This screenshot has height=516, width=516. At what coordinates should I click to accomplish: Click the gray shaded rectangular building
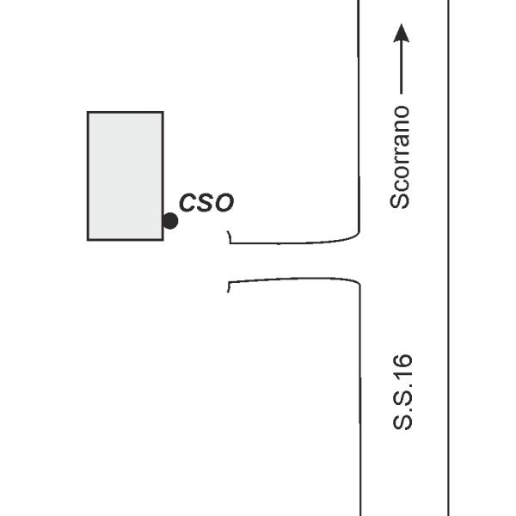(x=126, y=176)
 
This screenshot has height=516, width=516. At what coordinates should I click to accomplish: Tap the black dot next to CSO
(x=170, y=221)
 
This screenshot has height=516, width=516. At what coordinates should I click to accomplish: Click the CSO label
(x=206, y=202)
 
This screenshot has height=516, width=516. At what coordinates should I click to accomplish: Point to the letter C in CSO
(x=187, y=202)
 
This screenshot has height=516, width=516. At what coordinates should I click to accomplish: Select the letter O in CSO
(x=225, y=203)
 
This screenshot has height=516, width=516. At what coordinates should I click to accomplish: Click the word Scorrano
(x=400, y=157)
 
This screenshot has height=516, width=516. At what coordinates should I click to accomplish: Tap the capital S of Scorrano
(x=400, y=200)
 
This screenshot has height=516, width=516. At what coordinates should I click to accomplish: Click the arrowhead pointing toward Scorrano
(x=401, y=33)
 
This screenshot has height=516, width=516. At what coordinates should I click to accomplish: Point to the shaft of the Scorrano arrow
(x=401, y=68)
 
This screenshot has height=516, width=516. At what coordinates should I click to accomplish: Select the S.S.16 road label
(x=402, y=392)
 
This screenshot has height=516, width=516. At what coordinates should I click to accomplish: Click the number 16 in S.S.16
(x=402, y=366)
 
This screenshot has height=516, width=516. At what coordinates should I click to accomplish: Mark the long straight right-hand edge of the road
(x=448, y=258)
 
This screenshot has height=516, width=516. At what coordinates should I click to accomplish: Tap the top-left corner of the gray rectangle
(x=88, y=112)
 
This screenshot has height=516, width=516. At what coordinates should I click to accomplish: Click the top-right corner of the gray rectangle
(x=163, y=112)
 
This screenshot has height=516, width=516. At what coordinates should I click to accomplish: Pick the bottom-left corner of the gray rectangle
(x=88, y=240)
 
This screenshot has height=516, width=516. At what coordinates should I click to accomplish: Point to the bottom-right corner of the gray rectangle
(x=163, y=240)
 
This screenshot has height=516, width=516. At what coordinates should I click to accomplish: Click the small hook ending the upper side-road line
(x=230, y=236)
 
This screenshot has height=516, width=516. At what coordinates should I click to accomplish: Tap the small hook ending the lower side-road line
(x=229, y=287)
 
